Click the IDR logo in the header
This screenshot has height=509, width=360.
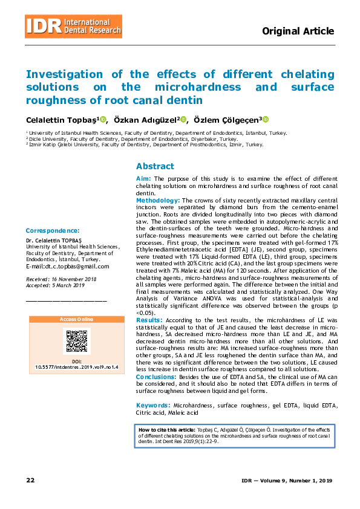(x=73, y=25)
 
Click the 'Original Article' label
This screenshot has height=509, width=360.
(x=298, y=31)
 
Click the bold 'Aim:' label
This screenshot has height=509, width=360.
(x=144, y=179)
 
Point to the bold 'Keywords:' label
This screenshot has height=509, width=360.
(x=152, y=405)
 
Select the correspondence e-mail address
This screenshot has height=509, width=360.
(x=67, y=267)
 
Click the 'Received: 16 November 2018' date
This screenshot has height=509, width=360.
(x=61, y=279)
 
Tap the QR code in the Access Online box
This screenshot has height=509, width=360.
(x=76, y=341)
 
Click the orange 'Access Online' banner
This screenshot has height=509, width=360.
(x=76, y=319)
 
